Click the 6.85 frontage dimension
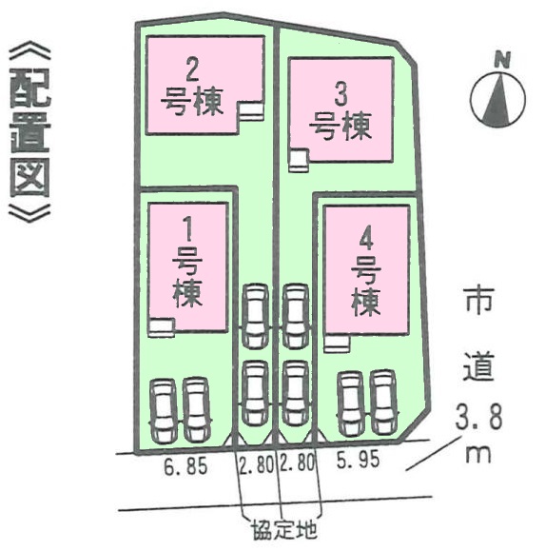(x=185, y=466)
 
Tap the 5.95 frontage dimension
(x=359, y=460)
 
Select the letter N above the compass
(x=502, y=60)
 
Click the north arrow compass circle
(x=498, y=99)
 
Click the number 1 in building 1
(x=188, y=229)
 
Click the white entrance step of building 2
(x=251, y=111)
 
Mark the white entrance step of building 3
(x=299, y=161)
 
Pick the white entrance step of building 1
(x=162, y=327)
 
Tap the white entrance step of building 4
(x=337, y=344)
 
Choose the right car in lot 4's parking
(x=384, y=402)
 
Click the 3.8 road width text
(x=478, y=417)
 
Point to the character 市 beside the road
(x=479, y=301)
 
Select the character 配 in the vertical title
(x=29, y=88)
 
